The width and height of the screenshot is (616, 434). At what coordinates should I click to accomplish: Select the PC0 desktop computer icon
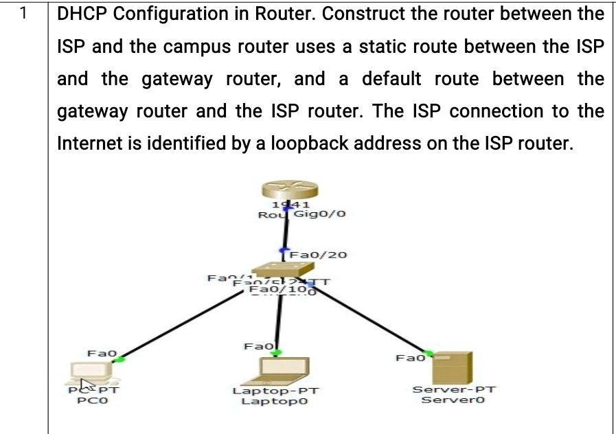[x=93, y=374]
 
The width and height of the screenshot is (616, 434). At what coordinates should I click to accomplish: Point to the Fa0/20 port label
[x=319, y=255]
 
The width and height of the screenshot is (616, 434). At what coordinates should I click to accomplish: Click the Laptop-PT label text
[x=275, y=391]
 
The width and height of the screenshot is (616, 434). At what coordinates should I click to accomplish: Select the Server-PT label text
[x=454, y=389]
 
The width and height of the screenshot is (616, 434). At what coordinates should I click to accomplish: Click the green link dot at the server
[x=430, y=353]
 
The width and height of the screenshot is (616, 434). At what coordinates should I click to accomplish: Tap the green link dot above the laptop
[x=275, y=353]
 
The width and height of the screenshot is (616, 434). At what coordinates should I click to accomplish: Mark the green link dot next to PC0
[x=120, y=358]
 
